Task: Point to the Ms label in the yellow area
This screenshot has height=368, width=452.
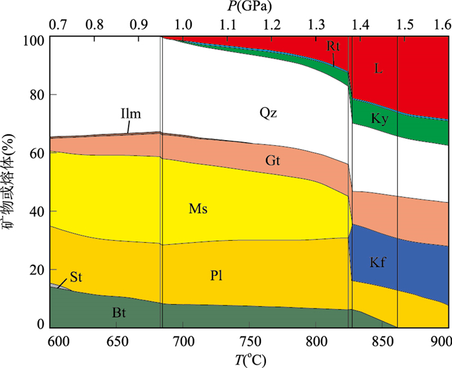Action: tap(198, 209)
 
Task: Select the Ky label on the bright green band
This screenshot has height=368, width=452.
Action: tap(380, 119)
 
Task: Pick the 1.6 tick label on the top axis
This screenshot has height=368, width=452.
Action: tap(442, 25)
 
